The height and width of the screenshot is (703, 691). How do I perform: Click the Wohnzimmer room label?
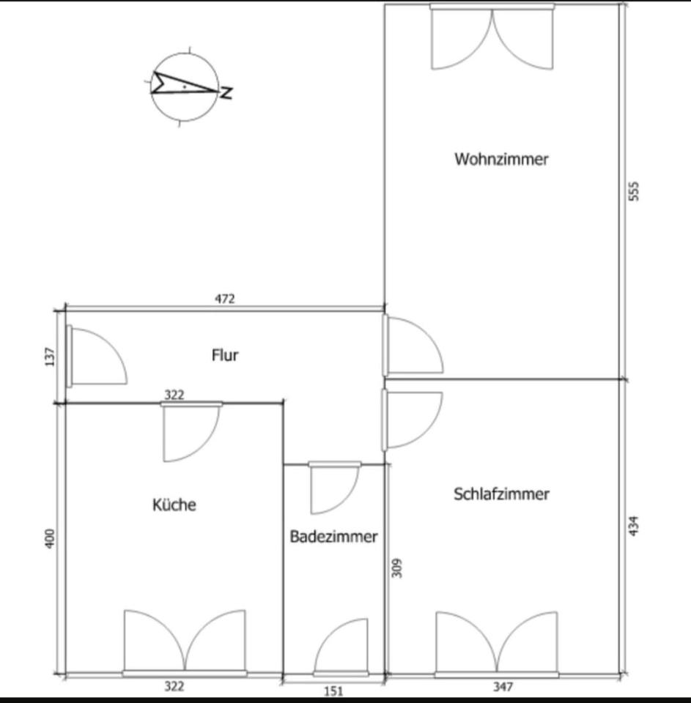click(x=501, y=159)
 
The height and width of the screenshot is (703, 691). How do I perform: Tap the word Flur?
click(x=225, y=356)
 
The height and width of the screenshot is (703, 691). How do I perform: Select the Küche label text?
click(x=174, y=505)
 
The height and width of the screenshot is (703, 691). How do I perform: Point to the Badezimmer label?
click(x=333, y=537)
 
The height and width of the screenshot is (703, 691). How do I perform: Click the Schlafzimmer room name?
click(x=501, y=494)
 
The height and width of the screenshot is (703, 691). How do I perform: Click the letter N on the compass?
click(x=228, y=93)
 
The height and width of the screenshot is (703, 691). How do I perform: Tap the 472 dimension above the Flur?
click(x=224, y=299)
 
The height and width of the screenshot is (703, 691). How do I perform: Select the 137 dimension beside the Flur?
click(x=50, y=357)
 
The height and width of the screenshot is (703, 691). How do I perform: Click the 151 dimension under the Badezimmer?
click(x=333, y=691)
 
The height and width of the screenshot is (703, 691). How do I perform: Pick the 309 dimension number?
click(x=397, y=569)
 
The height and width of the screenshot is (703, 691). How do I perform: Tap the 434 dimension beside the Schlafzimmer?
click(x=635, y=526)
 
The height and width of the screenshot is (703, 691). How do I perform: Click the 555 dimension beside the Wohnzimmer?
click(x=635, y=190)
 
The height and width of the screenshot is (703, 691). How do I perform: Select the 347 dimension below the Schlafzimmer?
click(x=503, y=687)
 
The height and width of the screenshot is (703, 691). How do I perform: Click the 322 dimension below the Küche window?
click(x=174, y=686)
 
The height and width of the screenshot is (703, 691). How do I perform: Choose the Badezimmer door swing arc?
click(x=333, y=488)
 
